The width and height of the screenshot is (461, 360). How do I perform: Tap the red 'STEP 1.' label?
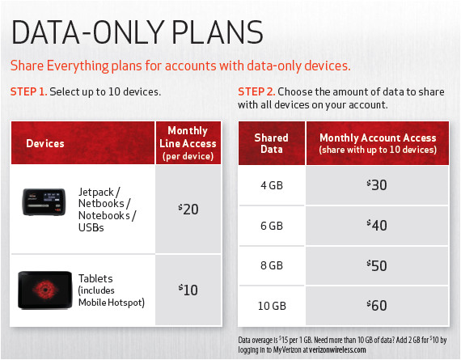pyautogui.click(x=29, y=92)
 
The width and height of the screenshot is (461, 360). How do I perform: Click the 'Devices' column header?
pyautogui.click(x=45, y=143)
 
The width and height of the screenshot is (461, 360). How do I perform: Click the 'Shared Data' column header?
pyautogui.click(x=271, y=143)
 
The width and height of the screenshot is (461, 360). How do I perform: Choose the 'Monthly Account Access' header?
pyautogui.click(x=378, y=143)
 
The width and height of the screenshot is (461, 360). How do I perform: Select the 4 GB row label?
pyautogui.click(x=271, y=185)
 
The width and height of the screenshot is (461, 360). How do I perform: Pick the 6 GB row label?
pyautogui.click(x=271, y=225)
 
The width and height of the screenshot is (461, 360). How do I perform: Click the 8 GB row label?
pyautogui.click(x=271, y=265)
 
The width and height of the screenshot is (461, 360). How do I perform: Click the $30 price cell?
pyautogui.click(x=378, y=185)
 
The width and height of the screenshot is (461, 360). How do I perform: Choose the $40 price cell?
pyautogui.click(x=378, y=225)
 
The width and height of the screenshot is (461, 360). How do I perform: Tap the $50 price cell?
pyautogui.click(x=378, y=265)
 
